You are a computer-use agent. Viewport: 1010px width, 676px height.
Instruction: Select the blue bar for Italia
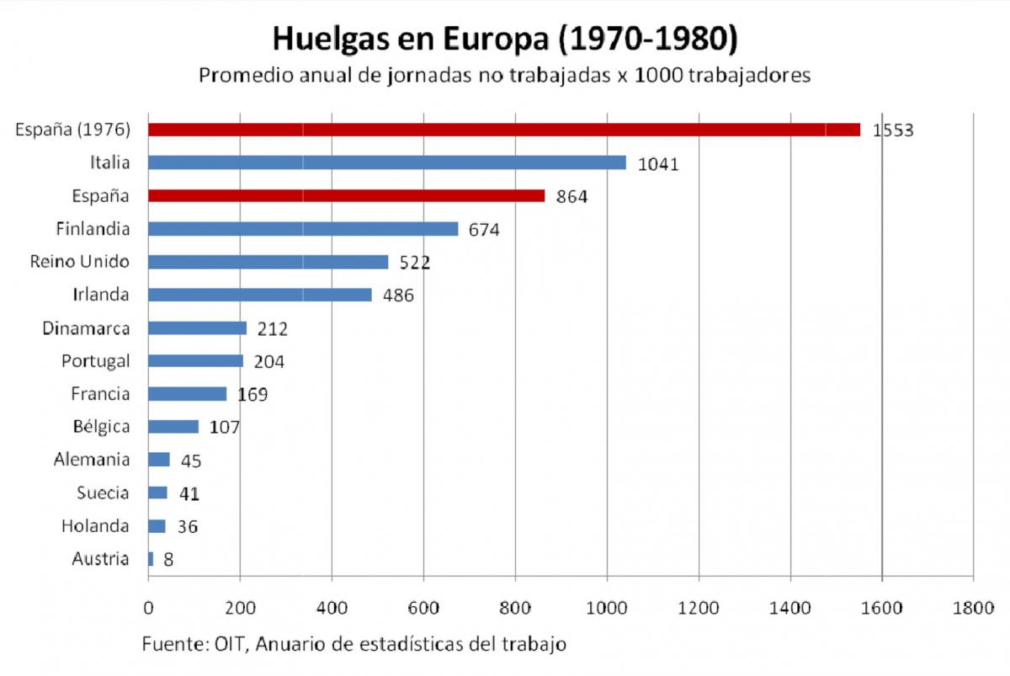tap(386, 162)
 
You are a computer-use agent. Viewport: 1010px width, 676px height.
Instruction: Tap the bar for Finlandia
tap(303, 229)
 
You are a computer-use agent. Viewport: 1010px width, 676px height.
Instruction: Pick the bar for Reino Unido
tap(268, 262)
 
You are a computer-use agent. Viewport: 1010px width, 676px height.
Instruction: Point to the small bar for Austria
tap(151, 559)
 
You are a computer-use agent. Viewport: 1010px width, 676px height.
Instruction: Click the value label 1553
tap(892, 130)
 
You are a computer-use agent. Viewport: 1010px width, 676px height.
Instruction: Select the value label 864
tap(571, 197)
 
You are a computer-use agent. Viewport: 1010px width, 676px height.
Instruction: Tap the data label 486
tap(398, 295)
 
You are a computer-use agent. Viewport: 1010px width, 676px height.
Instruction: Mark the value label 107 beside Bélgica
tap(225, 428)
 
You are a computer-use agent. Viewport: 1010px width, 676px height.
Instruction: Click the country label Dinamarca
tap(86, 327)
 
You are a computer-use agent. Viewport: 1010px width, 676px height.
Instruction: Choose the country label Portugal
tap(95, 361)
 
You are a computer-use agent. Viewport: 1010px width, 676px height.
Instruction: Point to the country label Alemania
tap(92, 460)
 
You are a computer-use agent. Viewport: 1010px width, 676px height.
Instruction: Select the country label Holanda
tap(95, 526)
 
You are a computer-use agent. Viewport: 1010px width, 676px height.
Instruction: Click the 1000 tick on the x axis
tap(606, 607)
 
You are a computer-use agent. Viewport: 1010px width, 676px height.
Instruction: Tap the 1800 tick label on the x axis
tap(972, 607)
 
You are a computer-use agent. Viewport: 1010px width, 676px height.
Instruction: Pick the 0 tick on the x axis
tap(149, 607)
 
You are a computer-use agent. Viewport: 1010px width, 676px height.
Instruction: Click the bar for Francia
tap(187, 394)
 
